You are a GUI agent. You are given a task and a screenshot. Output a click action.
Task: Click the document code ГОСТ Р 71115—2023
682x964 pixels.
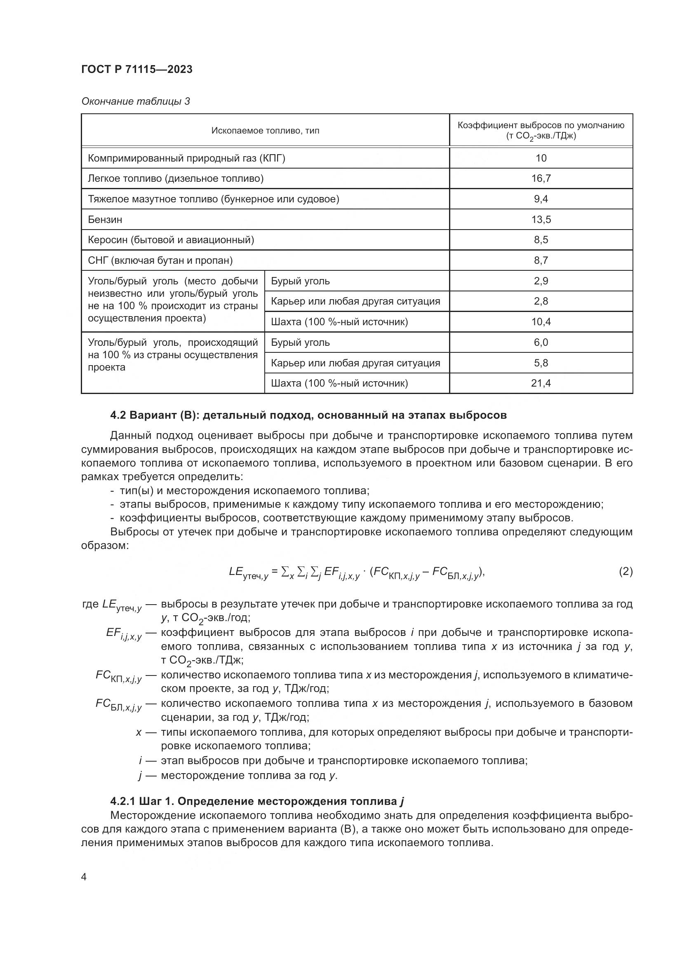pyautogui.click(x=136, y=69)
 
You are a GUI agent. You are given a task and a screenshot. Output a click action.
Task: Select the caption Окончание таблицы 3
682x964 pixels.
pyautogui.click(x=135, y=101)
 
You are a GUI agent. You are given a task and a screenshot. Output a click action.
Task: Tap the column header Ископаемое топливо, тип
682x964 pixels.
pyautogui.click(x=265, y=131)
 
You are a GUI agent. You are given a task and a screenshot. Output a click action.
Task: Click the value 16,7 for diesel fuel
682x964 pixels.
pyautogui.click(x=541, y=178)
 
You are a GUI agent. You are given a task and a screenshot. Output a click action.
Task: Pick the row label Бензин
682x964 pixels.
pyautogui.click(x=105, y=220)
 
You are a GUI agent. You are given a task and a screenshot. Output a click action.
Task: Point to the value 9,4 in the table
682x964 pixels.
pyautogui.click(x=541, y=199)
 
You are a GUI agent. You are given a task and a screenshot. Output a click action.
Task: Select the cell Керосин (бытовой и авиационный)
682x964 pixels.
pyautogui.click(x=171, y=240)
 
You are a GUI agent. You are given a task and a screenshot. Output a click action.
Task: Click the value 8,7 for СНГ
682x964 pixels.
pyautogui.click(x=541, y=260)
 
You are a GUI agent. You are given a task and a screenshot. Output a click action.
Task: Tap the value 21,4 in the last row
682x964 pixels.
pyautogui.click(x=541, y=383)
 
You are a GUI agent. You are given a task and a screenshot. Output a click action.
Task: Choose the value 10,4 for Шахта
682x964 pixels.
pyautogui.click(x=541, y=321)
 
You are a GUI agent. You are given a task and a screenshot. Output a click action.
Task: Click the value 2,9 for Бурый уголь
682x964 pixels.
pyautogui.click(x=541, y=281)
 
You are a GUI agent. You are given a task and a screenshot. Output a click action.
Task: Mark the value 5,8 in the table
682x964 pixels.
pyautogui.click(x=541, y=363)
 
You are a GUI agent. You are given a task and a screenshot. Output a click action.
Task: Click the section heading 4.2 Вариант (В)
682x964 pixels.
pyautogui.click(x=308, y=415)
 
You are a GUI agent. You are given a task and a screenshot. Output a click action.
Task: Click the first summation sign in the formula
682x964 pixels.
pyautogui.click(x=285, y=571)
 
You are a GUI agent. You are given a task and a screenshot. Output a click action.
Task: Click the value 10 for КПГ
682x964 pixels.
pyautogui.click(x=541, y=158)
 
